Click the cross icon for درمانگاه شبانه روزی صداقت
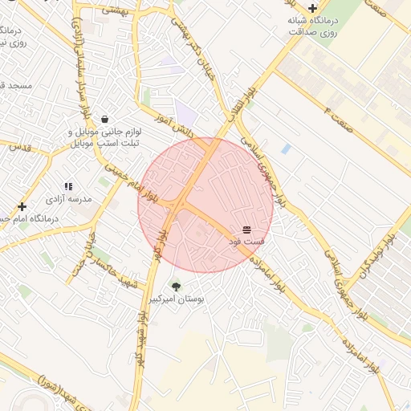[x=312, y=8]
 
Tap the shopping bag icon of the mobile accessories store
[x=105, y=119]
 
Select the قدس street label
[x=18, y=148]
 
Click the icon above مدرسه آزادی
[x=68, y=186]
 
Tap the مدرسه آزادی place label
[x=68, y=198]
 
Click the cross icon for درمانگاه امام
[x=22, y=206]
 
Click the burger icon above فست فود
[x=246, y=230]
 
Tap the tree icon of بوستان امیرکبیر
[x=176, y=287]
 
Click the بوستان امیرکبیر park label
[x=176, y=299]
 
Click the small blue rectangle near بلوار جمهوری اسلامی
[x=287, y=149]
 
